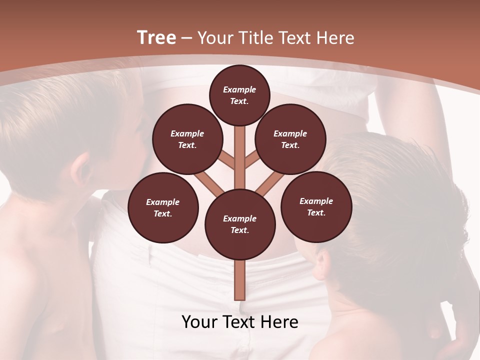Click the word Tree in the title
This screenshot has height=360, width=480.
pos(156,38)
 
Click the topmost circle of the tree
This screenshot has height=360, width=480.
pos(239,95)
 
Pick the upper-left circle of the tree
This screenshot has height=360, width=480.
pos(187,139)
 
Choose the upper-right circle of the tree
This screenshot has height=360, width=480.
pos(290,139)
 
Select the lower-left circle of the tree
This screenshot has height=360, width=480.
pos(163,208)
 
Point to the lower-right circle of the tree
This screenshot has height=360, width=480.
pos(316,207)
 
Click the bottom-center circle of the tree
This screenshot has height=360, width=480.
pos(240,224)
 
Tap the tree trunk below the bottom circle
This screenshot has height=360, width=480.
pos(240,280)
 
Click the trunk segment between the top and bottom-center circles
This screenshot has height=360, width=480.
pos(240,157)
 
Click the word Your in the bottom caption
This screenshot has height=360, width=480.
pos(199,322)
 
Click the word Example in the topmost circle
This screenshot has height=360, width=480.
pos(239,90)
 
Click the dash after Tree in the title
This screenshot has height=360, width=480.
pos(186,38)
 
